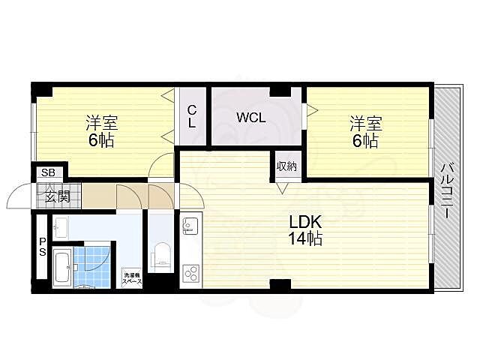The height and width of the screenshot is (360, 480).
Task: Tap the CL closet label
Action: pyautogui.click(x=192, y=117)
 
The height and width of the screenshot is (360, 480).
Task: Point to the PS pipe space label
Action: pyautogui.click(x=42, y=247)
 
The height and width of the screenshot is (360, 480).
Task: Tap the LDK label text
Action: pyautogui.click(x=306, y=222)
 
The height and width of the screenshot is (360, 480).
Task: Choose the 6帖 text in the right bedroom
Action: pyautogui.click(x=364, y=141)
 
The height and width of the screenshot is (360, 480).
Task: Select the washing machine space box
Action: pyautogui.click(x=132, y=278)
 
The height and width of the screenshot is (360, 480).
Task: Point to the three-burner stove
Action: pyautogui.click(x=189, y=273)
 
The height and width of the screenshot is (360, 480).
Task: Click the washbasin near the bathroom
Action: pyautogui.click(x=61, y=226)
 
